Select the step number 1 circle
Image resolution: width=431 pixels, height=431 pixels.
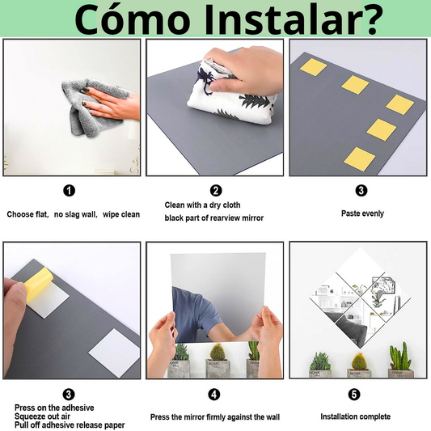(69, 191)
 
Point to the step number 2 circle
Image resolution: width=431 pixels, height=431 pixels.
(216, 191)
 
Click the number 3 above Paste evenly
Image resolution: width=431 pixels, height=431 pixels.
(361, 191)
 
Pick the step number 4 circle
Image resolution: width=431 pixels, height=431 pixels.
(214, 395)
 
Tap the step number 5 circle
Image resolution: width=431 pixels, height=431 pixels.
(354, 395)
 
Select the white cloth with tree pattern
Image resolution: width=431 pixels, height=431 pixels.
(231, 94)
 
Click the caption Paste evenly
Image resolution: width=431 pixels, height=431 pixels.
(362, 213)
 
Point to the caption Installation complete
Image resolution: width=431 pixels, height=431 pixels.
(356, 416)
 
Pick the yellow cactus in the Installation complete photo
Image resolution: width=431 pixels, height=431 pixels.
(359, 361)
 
